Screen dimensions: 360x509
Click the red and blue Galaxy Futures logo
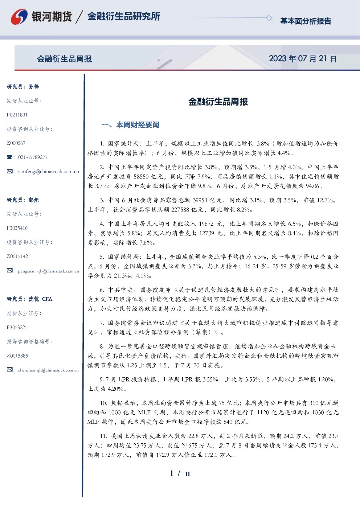(x=19, y=17)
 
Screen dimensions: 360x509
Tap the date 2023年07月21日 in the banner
(x=303, y=59)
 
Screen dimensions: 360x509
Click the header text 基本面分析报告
(x=306, y=21)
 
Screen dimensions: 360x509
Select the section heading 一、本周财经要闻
(x=130, y=125)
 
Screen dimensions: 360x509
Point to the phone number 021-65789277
(x=33, y=157)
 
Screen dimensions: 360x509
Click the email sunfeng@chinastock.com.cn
(x=49, y=172)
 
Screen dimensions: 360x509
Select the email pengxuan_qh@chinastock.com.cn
(x=49, y=271)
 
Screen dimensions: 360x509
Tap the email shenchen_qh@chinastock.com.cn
(x=48, y=370)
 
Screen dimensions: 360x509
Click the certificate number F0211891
(x=17, y=115)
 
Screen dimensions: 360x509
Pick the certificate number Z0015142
(x=17, y=256)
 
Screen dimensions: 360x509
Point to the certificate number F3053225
(x=17, y=328)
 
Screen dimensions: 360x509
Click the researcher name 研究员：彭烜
(x=23, y=200)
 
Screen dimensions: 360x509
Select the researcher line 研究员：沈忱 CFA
(x=29, y=299)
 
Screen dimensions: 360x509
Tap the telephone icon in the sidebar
(x=9, y=157)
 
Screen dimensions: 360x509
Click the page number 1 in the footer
(x=172, y=473)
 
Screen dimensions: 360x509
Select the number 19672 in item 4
(x=206, y=224)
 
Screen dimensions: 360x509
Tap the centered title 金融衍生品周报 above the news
(x=218, y=102)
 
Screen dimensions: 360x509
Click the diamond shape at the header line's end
(x=269, y=18)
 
